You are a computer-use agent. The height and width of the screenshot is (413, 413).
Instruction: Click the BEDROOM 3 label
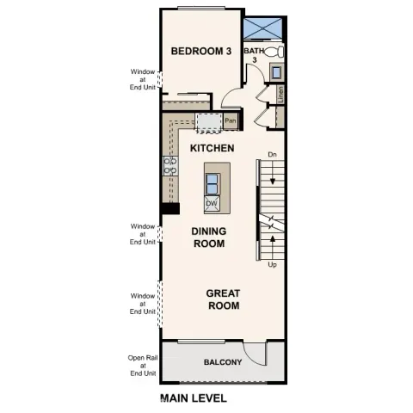[x=201, y=52]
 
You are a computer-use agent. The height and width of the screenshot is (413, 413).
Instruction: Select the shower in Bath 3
[x=263, y=28]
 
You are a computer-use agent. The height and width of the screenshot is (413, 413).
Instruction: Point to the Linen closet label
[x=281, y=94]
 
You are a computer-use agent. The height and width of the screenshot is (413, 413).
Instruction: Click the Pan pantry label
[x=230, y=121]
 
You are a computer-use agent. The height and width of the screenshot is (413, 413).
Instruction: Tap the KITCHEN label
[x=212, y=149]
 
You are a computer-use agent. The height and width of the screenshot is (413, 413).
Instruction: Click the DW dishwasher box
[x=211, y=204]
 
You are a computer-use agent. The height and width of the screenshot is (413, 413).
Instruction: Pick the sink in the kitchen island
[x=212, y=182]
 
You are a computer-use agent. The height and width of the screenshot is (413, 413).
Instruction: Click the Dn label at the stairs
[x=272, y=155]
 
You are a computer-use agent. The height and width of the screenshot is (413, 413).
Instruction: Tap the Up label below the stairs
[x=272, y=265]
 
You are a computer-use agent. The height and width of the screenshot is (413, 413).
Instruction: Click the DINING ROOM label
[x=207, y=237]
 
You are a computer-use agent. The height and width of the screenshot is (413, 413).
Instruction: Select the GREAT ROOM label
[x=222, y=299]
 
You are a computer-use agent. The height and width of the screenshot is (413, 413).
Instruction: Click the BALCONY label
[x=222, y=362]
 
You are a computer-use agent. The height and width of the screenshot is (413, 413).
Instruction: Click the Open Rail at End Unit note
[x=142, y=366]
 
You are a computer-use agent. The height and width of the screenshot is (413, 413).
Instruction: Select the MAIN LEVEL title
[x=193, y=398]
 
